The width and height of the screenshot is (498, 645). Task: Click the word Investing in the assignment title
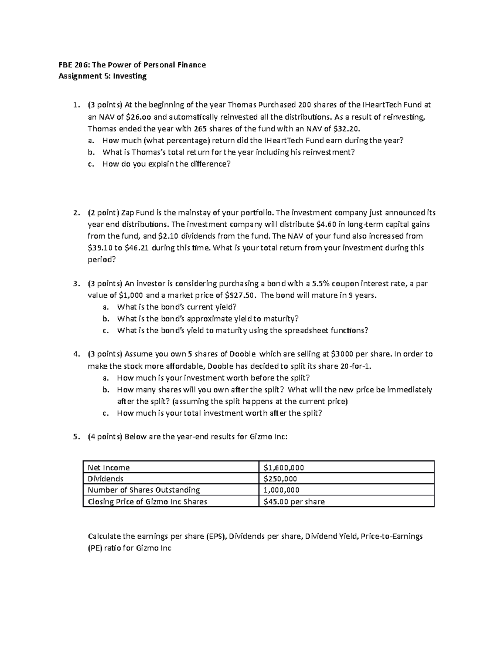(132, 76)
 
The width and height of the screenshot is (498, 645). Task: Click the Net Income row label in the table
(109, 467)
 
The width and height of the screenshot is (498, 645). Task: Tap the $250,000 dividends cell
(280, 478)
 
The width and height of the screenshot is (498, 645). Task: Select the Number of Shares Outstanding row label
(144, 490)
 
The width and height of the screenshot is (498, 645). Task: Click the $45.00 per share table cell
(294, 501)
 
